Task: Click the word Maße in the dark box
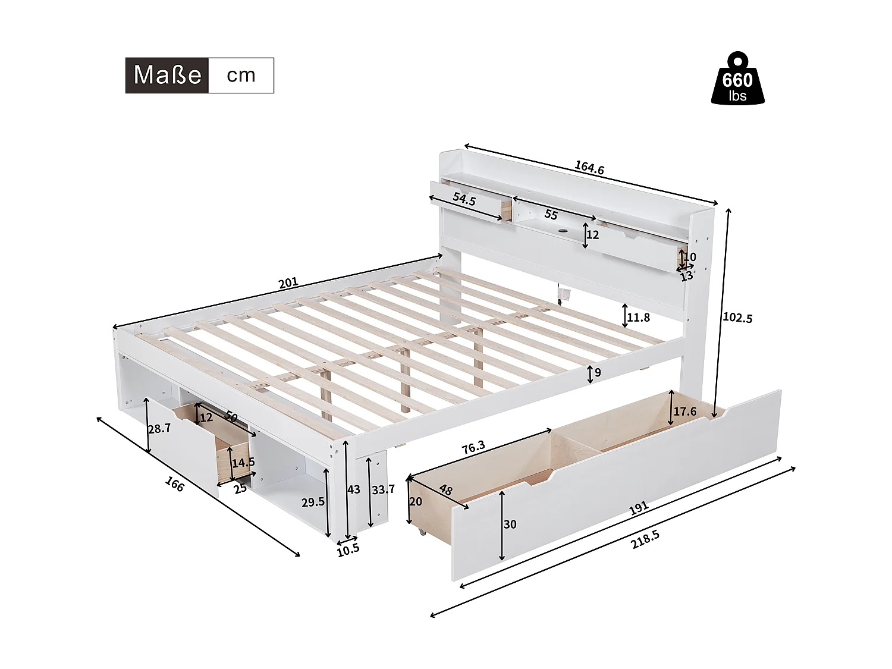[x=167, y=76]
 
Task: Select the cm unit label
[x=241, y=76]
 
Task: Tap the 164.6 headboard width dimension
[x=589, y=168]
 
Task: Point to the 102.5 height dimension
[x=737, y=318]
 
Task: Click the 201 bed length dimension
[x=288, y=283]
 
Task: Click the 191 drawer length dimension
[x=637, y=509]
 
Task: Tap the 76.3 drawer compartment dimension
[x=473, y=448]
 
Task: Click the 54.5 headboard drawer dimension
[x=464, y=200]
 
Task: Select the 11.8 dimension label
[x=638, y=318]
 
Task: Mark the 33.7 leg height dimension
[x=383, y=489]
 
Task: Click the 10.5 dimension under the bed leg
[x=348, y=549]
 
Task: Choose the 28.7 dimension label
[x=159, y=428]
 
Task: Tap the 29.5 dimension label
[x=313, y=502]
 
